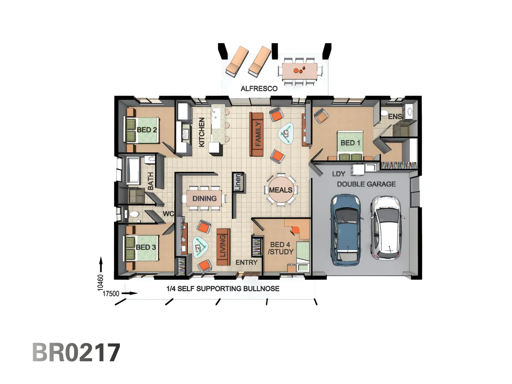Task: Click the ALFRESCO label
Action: pos(259,89)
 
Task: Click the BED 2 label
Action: pos(146,130)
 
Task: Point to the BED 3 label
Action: pos(146,247)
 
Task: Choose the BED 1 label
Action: pos(350,143)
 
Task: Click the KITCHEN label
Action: pos(202,132)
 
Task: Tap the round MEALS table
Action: pos(281,190)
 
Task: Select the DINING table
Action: pos(204,198)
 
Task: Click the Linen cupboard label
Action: pos(238,182)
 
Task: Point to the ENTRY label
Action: pos(246,262)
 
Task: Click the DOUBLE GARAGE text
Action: pos(366,184)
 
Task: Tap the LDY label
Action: pos(338,174)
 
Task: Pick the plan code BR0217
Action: pos(76,352)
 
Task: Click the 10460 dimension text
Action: pos(101,282)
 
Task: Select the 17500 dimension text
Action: pos(111,294)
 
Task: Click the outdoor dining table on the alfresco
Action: pos(300,71)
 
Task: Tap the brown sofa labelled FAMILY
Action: pos(257,134)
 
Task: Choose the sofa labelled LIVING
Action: pos(223,247)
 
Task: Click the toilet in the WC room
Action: pos(134,214)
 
